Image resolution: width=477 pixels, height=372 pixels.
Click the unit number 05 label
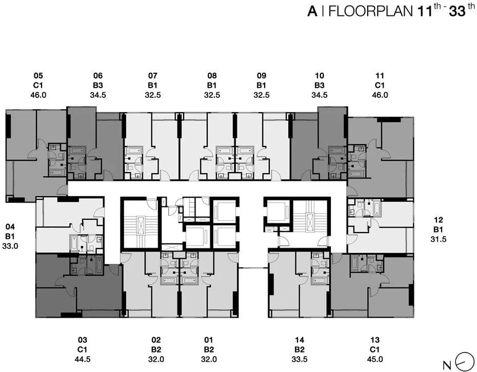click(x=38, y=75)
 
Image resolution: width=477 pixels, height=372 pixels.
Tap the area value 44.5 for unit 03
click(x=83, y=359)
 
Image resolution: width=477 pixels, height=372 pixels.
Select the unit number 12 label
click(x=439, y=220)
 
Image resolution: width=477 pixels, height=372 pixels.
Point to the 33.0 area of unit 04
click(x=10, y=246)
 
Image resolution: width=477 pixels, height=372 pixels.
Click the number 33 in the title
click(x=457, y=11)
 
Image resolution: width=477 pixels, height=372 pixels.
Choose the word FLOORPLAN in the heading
click(x=371, y=11)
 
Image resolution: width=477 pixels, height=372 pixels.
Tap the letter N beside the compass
click(x=447, y=365)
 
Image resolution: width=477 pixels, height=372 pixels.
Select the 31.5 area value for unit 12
click(x=439, y=239)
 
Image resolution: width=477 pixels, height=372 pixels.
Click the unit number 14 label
click(x=300, y=340)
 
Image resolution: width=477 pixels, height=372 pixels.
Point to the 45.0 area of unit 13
click(x=375, y=359)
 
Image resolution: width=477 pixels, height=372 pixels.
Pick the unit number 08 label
click(x=212, y=75)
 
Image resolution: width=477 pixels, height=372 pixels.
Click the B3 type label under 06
click(x=98, y=85)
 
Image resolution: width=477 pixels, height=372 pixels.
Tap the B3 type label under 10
click(x=320, y=85)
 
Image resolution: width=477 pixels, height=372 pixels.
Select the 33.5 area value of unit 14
click(x=300, y=359)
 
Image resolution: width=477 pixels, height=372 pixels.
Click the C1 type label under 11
click(x=380, y=85)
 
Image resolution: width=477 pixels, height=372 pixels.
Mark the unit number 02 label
click(x=156, y=340)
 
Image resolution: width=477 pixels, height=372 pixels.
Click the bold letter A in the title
click(x=312, y=11)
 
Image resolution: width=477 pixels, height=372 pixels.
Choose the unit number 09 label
click(x=262, y=75)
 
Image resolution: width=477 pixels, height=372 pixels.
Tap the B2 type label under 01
click(x=209, y=349)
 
